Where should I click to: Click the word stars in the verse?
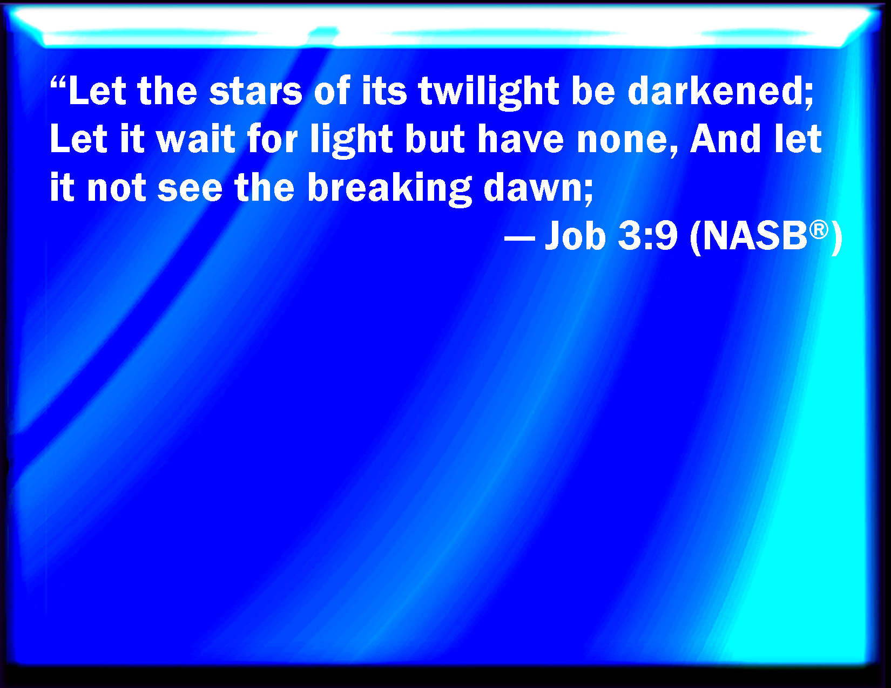[255, 91]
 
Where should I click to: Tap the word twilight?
[489, 91]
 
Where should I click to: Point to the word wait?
[196, 139]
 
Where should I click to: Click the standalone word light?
[351, 139]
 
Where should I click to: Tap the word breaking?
[389, 188]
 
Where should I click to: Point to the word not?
[117, 188]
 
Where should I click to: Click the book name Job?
[575, 235]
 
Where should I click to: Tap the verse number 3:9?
[648, 235]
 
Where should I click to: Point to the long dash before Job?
[519, 237]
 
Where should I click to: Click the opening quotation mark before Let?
[58, 83]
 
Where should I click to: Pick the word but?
[435, 139]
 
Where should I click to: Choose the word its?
[384, 91]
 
